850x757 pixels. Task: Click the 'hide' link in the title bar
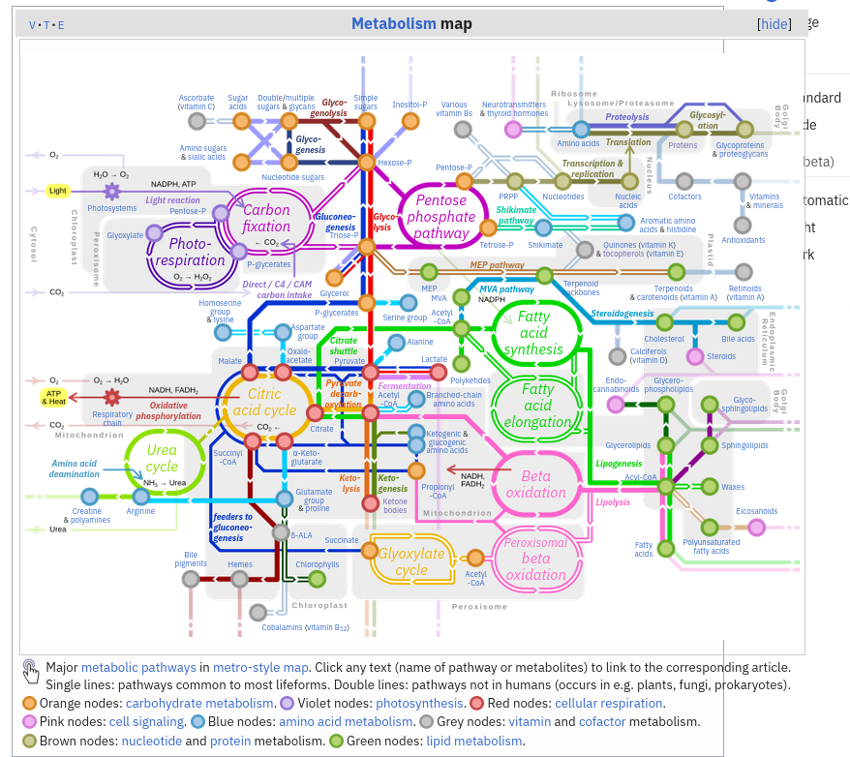coord(774,24)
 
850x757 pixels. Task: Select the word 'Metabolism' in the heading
coord(394,24)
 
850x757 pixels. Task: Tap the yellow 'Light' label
coord(58,191)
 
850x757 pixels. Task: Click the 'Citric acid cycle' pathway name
coord(264,402)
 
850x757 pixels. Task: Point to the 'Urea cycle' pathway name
coord(162,458)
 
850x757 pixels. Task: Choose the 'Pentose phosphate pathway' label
coord(441,217)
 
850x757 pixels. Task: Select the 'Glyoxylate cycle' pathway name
coord(410,561)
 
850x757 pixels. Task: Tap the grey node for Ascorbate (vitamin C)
coord(197,121)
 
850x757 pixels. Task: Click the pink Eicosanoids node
coord(756,527)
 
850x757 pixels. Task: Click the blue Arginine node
coord(142,497)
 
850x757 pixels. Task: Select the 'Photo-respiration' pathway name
coord(190,252)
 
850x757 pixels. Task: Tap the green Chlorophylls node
coord(317,579)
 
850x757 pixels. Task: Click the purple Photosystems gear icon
coord(111,192)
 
